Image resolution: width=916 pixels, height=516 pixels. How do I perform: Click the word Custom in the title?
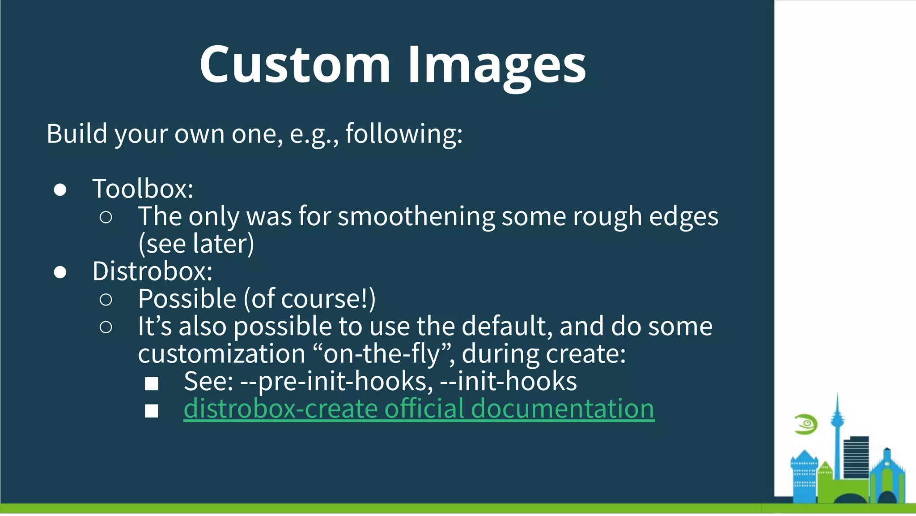point(295,65)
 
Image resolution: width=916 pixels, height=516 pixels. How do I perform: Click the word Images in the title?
point(496,65)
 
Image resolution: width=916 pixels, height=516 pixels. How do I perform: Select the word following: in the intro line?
point(404,133)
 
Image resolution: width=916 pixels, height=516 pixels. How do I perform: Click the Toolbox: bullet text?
point(143,189)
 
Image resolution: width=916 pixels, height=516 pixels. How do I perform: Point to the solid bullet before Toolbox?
point(60,190)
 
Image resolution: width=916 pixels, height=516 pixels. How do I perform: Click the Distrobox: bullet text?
point(152,271)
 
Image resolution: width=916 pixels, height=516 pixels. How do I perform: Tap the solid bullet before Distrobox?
point(60,272)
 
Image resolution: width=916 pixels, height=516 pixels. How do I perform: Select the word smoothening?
point(416,216)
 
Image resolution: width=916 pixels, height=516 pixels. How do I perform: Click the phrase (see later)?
point(196,244)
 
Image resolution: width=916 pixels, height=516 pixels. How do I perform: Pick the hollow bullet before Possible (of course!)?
point(106,300)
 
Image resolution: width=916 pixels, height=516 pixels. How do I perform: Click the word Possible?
point(187,299)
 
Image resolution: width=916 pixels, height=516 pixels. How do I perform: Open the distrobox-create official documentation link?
point(419,408)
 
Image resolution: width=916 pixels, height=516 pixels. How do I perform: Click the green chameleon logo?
point(806,424)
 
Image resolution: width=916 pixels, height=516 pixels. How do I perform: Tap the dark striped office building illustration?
point(856,457)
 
